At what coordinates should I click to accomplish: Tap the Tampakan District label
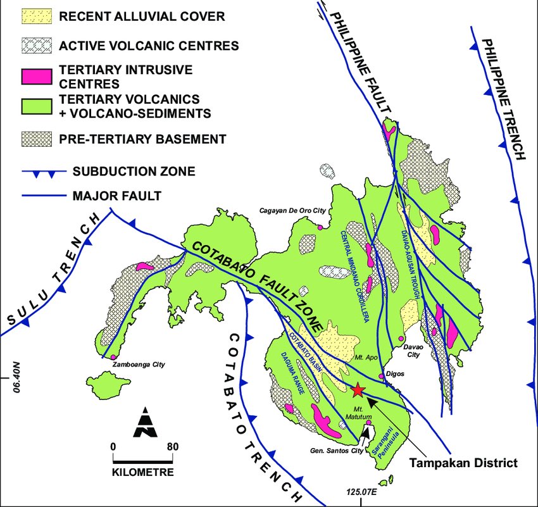coord(463,463)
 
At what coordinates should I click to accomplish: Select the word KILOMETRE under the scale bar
coord(143,472)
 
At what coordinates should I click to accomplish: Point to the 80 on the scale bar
coord(172,446)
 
